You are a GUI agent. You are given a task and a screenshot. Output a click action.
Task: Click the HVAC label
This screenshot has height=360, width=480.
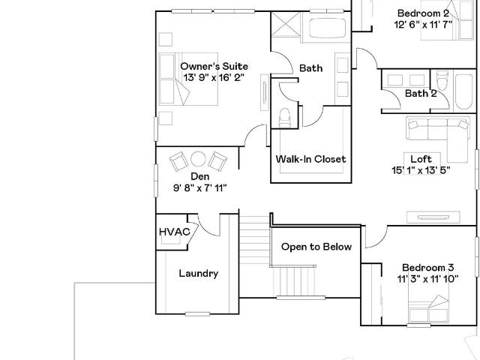[x=175, y=232]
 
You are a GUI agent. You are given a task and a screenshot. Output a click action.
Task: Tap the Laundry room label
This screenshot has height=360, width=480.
[x=199, y=273]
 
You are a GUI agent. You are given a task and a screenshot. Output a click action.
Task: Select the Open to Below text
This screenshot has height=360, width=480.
[x=316, y=247]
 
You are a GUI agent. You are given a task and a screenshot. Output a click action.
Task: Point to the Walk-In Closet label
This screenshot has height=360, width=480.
[x=310, y=159]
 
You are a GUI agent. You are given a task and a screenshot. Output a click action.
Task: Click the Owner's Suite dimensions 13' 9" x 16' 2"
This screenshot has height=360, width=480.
[x=214, y=78]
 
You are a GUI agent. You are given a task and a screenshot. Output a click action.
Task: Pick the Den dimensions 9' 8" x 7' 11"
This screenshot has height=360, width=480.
[x=200, y=187]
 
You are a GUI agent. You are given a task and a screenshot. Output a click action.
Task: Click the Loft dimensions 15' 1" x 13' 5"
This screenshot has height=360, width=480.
[x=421, y=170]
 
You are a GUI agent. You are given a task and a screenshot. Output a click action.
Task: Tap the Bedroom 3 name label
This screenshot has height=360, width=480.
[x=427, y=268]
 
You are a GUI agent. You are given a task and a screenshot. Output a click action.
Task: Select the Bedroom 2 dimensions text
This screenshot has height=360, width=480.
[x=423, y=25]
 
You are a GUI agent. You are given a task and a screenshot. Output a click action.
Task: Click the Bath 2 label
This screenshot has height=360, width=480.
[x=421, y=93]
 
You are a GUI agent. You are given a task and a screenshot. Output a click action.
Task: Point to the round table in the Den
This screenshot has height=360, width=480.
[x=198, y=159]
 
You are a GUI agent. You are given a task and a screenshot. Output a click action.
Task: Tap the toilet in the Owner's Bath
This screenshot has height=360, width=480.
[x=285, y=117]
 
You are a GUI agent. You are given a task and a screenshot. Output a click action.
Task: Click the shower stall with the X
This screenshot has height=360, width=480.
[x=286, y=25]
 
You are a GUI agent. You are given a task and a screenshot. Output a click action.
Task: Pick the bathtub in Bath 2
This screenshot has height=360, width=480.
[x=463, y=91]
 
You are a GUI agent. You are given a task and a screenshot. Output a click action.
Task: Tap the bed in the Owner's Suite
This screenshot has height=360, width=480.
[x=188, y=79]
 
